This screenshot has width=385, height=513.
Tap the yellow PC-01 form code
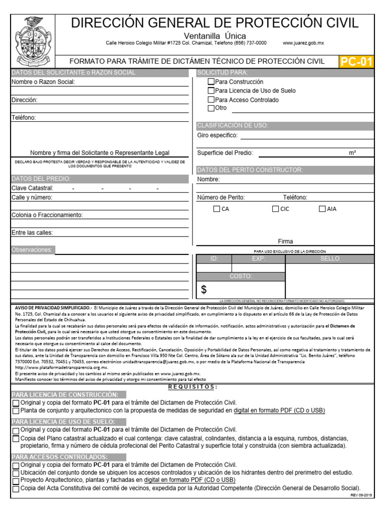(357, 62)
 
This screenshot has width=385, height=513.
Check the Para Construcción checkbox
(211, 82)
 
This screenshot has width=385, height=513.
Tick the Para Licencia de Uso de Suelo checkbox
(211, 91)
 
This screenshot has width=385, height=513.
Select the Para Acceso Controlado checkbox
(211, 100)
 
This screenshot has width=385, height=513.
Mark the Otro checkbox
(211, 108)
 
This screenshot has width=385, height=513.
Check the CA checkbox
(217, 209)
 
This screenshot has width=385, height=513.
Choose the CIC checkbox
(275, 209)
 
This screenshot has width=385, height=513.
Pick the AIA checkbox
(322, 209)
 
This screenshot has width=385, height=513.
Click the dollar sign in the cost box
(204, 290)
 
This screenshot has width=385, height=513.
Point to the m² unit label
(352, 153)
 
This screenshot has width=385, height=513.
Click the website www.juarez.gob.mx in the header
(303, 44)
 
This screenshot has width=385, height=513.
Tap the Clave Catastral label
(32, 188)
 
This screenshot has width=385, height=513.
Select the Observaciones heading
(32, 249)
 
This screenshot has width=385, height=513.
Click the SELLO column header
(330, 259)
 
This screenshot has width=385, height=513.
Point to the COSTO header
(241, 276)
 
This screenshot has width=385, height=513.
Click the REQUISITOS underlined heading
(192, 387)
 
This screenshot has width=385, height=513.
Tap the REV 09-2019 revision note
(361, 495)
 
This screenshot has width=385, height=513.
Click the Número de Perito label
(221, 197)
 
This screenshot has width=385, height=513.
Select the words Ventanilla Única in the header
(215, 36)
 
